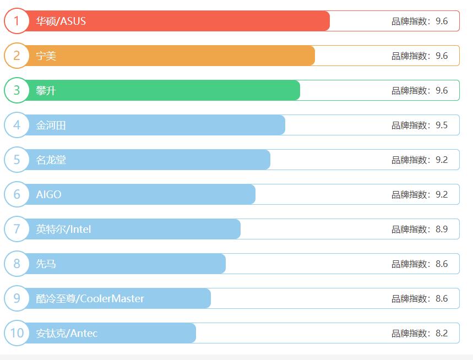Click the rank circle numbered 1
pyautogui.click(x=17, y=21)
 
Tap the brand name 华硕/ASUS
pyautogui.click(x=61, y=21)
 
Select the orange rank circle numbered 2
pyautogui.click(x=17, y=56)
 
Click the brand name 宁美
pyautogui.click(x=46, y=56)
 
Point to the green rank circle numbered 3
pyautogui.click(x=17, y=90)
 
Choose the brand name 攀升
pyautogui.click(x=46, y=91)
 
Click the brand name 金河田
pyautogui.click(x=51, y=126)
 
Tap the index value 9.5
pyautogui.click(x=442, y=126)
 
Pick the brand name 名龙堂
pyautogui.click(x=51, y=160)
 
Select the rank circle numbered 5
pyautogui.click(x=17, y=160)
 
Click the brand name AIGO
pyautogui.click(x=49, y=195)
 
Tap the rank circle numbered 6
pyautogui.click(x=17, y=194)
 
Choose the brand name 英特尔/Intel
pyautogui.click(x=64, y=230)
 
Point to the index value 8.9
pyautogui.click(x=442, y=230)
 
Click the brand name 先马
pyautogui.click(x=46, y=264)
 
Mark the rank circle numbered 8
pyautogui.click(x=17, y=264)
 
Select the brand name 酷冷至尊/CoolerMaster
pyautogui.click(x=90, y=299)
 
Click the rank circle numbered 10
pyautogui.click(x=17, y=333)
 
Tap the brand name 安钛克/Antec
pyautogui.click(x=67, y=334)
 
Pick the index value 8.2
pyautogui.click(x=442, y=334)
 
